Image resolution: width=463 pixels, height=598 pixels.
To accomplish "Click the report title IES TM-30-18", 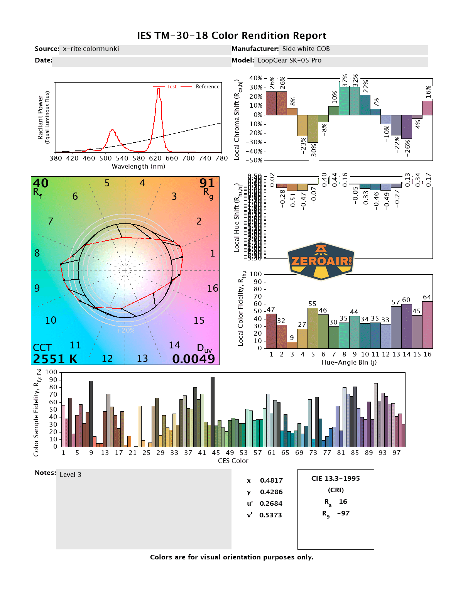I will [231, 36].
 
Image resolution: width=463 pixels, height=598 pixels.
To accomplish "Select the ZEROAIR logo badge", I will [321, 261].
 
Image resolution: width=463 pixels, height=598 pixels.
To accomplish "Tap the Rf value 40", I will [41, 183].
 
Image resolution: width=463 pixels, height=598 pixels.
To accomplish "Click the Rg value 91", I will [207, 183].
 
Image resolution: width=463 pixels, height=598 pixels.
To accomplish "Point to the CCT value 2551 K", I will [55, 359].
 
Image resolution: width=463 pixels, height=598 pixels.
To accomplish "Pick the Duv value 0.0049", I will [193, 359].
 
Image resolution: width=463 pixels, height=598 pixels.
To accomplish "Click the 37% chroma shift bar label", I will [345, 80].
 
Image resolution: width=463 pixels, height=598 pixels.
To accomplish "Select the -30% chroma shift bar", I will [313, 129].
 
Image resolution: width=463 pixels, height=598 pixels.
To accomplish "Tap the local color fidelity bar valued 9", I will [292, 345].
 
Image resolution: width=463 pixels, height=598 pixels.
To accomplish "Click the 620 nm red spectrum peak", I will [158, 90].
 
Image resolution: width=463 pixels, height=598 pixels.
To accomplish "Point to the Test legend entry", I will [171, 87].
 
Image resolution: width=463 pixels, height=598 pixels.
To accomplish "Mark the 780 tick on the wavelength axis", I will [221, 158].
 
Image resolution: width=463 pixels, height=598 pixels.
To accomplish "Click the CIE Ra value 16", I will [343, 502].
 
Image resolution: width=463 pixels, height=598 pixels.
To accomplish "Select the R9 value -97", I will [343, 513].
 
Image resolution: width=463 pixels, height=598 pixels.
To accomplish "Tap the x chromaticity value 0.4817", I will [271, 480].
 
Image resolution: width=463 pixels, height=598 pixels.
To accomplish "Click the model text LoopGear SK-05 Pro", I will [289, 61].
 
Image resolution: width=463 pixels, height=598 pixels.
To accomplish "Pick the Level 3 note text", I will [71, 475].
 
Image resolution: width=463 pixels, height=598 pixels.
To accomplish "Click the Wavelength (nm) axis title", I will [139, 167].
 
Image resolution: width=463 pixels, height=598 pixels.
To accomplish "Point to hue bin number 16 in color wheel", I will [213, 288].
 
